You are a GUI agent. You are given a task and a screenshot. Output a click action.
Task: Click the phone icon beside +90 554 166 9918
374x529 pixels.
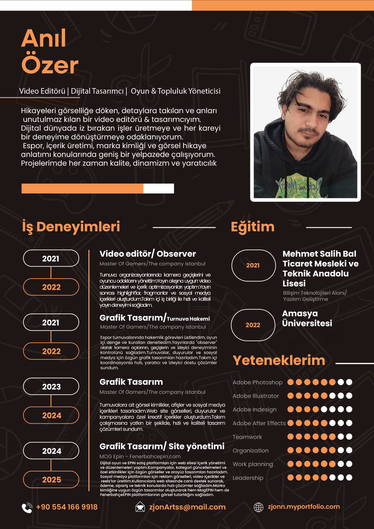27,508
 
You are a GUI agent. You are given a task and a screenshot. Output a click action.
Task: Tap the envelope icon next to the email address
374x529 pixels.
140,507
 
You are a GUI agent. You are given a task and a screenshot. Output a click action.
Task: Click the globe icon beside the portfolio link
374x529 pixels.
258,507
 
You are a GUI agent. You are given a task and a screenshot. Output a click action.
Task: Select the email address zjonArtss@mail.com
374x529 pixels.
187,507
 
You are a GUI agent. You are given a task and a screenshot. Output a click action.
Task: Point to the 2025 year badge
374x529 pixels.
51,480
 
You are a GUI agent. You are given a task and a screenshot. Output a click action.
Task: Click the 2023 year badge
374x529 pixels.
51,387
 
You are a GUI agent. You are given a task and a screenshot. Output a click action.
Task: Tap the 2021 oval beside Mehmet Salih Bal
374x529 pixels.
253,265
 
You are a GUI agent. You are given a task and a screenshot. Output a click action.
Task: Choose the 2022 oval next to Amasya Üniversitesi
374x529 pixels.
253,325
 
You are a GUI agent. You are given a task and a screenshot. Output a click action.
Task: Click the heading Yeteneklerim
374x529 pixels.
279,360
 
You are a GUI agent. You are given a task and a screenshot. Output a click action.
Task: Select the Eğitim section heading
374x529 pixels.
253,227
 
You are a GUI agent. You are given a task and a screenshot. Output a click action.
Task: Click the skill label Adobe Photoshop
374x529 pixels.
258,382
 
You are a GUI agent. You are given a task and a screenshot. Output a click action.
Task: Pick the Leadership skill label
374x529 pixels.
248,478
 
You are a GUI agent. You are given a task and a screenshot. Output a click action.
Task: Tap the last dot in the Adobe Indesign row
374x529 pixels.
349,409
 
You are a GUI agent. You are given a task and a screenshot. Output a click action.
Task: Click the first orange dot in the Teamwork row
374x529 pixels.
290,436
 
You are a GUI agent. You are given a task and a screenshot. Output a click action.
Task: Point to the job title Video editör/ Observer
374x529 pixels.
147,254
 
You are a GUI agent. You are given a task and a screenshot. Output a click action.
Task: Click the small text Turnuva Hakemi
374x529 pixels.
188,319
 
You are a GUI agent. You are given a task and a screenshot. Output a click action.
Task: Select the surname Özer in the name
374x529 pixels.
50,65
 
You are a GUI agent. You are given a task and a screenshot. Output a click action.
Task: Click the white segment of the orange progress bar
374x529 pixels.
159,188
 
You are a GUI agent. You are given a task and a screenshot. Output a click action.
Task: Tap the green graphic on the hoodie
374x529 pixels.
299,184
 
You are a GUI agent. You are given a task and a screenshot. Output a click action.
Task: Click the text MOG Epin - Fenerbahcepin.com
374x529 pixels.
140,457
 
